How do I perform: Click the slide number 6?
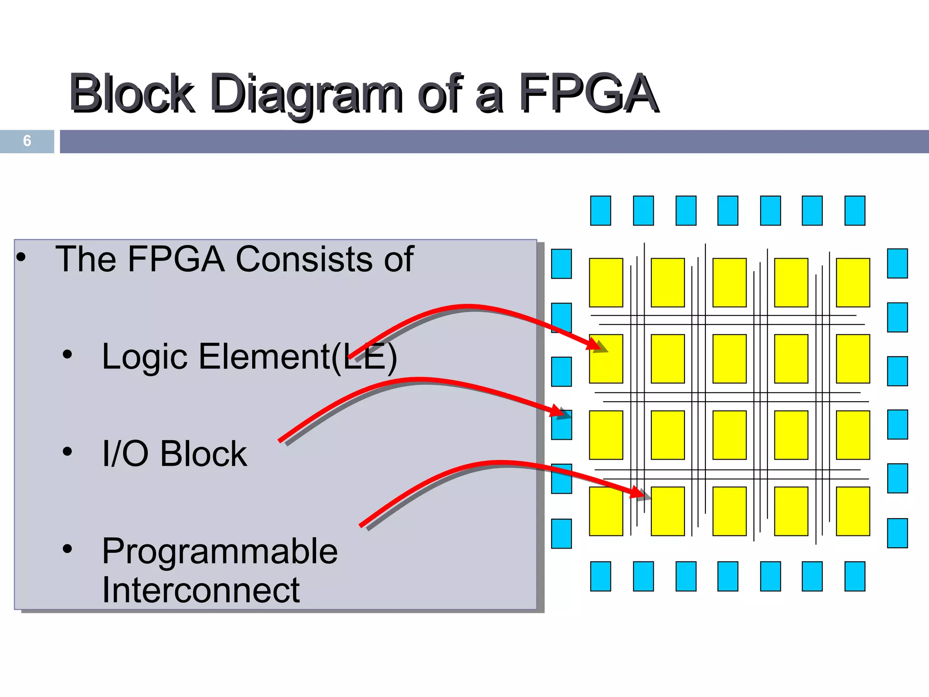tap(27, 141)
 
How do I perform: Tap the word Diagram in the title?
tap(307, 94)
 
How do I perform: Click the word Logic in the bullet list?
tap(144, 357)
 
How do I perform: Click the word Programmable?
tap(220, 551)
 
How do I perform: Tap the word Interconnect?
tap(200, 590)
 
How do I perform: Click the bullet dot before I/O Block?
tap(67, 452)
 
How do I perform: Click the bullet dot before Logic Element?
tap(67, 354)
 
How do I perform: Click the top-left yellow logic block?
tap(606, 282)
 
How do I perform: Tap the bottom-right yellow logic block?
tap(853, 511)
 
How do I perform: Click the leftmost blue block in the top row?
tap(600, 211)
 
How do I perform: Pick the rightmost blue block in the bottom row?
tap(855, 576)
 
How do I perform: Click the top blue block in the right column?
tap(897, 263)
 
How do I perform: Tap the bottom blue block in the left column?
tap(561, 534)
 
